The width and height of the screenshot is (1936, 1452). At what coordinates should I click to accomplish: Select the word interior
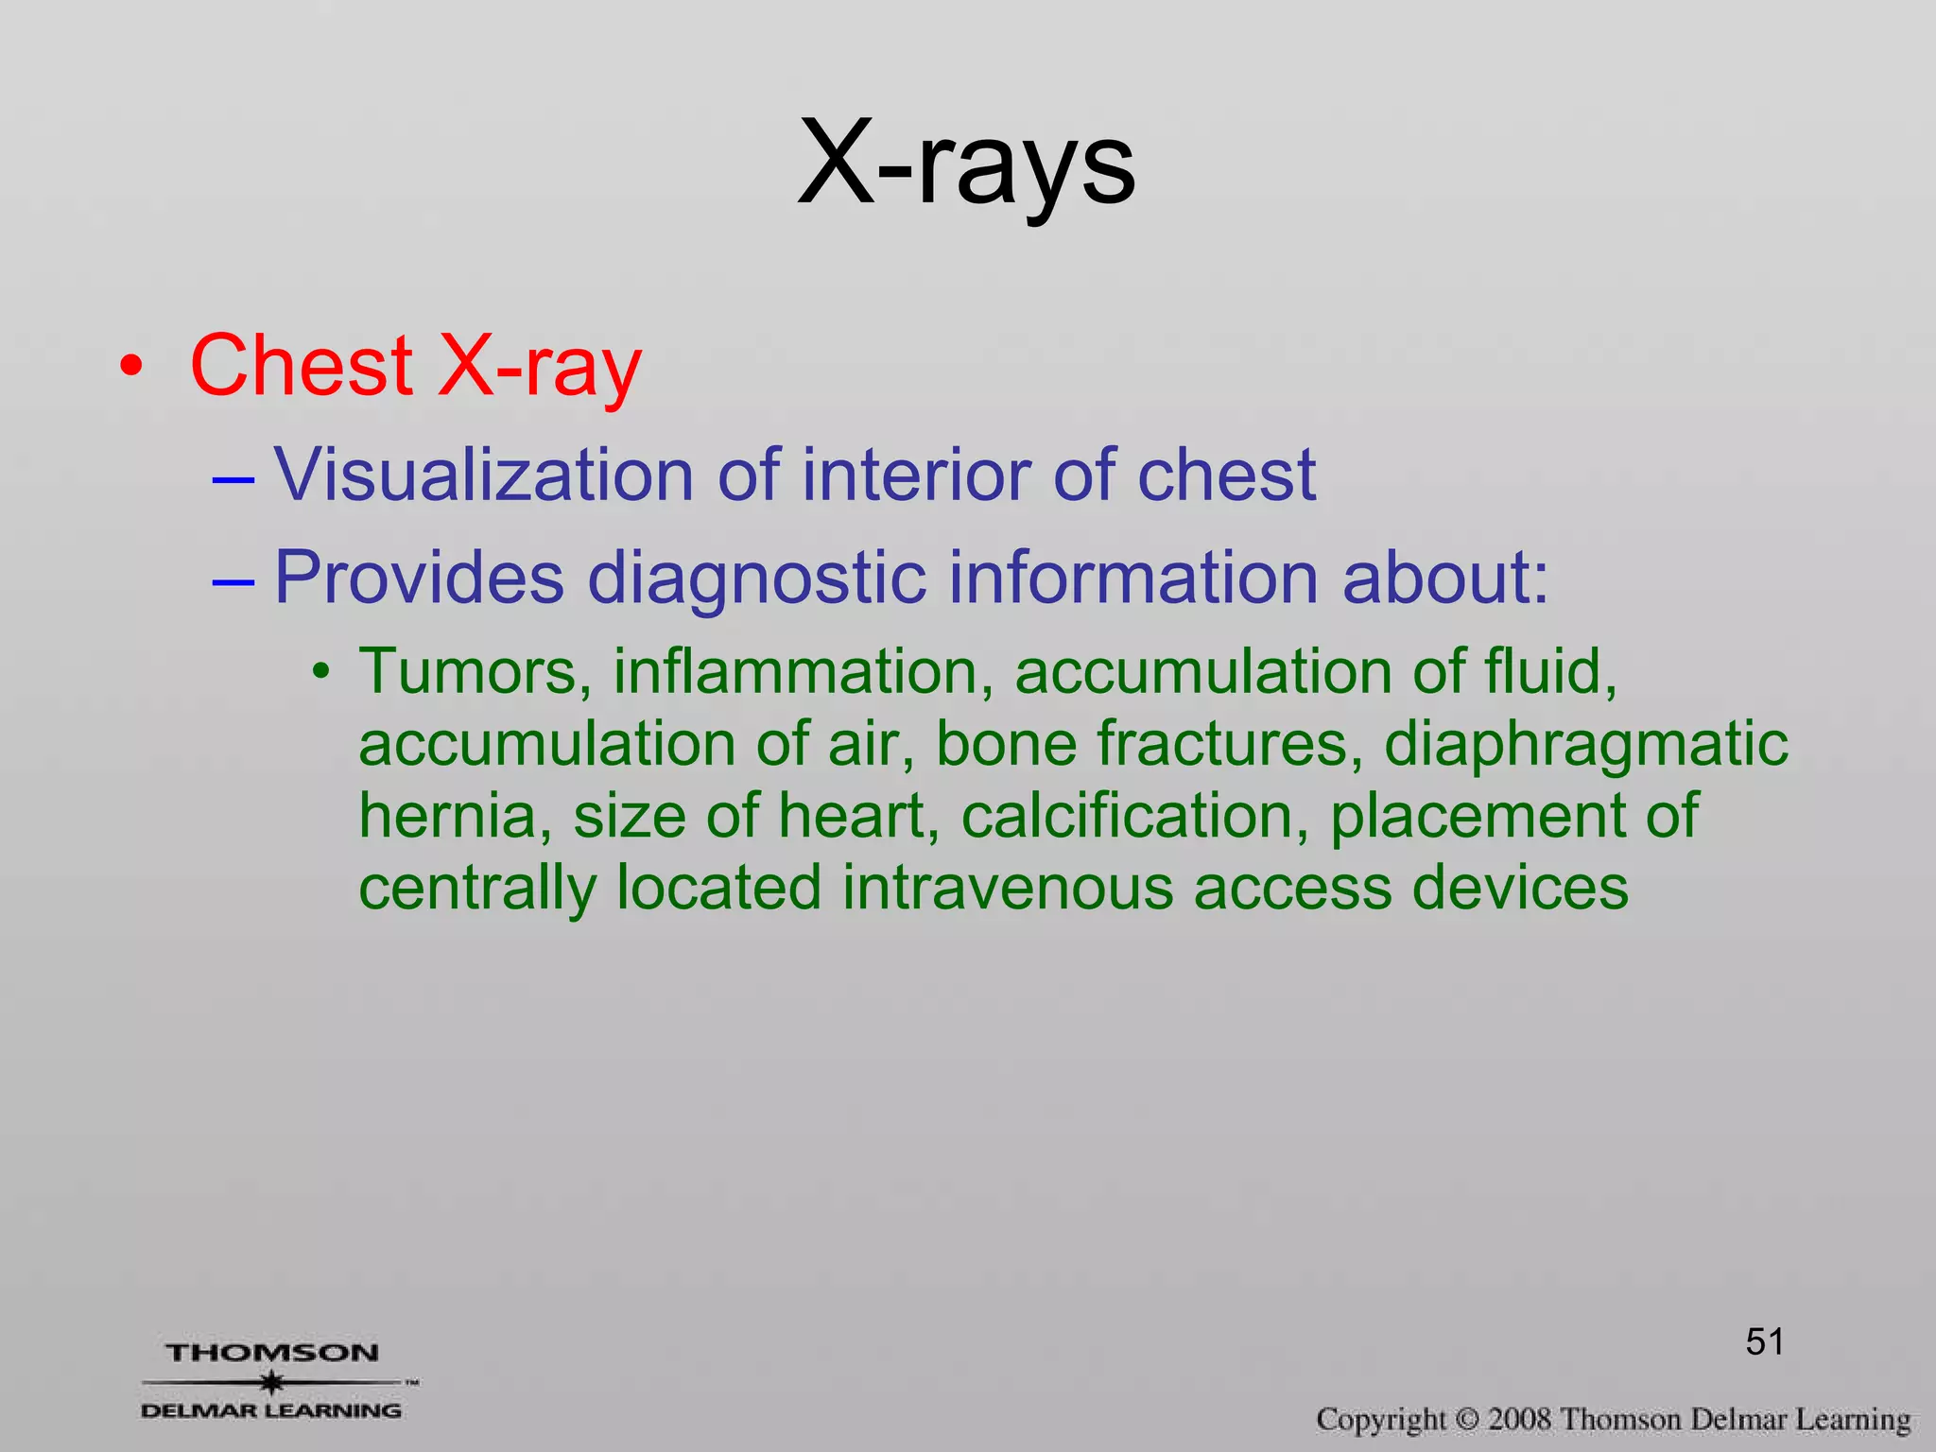click(x=915, y=475)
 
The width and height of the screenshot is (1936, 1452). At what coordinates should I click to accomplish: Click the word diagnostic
click(x=756, y=578)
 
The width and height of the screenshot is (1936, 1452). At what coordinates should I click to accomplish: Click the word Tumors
click(x=475, y=671)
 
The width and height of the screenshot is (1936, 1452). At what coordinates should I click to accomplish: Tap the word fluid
click(x=1550, y=671)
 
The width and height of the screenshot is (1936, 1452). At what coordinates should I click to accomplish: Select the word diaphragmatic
click(x=1586, y=745)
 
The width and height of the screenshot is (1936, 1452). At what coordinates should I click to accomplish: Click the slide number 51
click(x=1764, y=1341)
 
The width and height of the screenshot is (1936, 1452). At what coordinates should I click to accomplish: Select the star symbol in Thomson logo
click(x=272, y=1383)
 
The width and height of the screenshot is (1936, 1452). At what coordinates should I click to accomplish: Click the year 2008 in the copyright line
click(x=1520, y=1419)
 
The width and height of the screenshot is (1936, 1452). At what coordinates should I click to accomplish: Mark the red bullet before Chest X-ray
click(x=131, y=367)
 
